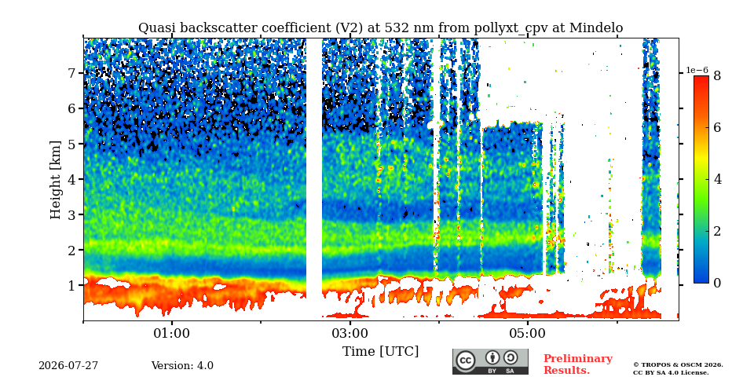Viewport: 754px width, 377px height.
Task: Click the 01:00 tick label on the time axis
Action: click(x=172, y=334)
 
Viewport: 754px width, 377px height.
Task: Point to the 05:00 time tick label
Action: click(x=528, y=334)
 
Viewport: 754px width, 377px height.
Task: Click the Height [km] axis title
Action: click(x=57, y=180)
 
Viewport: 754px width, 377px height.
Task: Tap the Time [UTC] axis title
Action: click(x=380, y=352)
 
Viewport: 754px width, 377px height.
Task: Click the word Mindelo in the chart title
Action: click(x=596, y=28)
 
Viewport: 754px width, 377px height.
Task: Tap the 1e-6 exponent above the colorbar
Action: click(x=697, y=70)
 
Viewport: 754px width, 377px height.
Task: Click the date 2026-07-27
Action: click(x=68, y=365)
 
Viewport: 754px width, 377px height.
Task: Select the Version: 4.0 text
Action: click(x=182, y=365)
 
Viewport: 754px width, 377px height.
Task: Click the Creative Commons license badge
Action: click(x=490, y=361)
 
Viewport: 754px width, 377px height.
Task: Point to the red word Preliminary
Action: click(x=578, y=359)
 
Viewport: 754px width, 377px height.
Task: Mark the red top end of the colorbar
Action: click(x=701, y=77)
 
